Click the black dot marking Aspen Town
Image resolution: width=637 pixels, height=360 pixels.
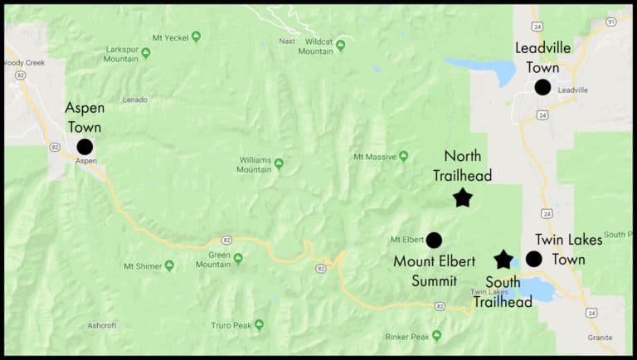click(85, 147)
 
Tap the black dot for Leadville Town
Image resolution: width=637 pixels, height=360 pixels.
click(542, 87)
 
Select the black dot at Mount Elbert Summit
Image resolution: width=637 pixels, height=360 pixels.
click(434, 241)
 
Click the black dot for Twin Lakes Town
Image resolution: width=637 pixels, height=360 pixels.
click(534, 259)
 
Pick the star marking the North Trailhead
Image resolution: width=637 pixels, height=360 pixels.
click(463, 197)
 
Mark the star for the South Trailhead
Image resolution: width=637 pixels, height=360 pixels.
click(503, 260)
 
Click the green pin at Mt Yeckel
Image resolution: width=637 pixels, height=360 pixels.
click(196, 36)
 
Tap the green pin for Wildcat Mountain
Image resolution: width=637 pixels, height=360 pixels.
click(340, 46)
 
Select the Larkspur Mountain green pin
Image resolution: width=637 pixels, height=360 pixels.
click(146, 53)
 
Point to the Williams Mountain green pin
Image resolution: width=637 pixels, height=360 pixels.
click(279, 163)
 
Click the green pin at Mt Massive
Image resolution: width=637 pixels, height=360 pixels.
click(403, 156)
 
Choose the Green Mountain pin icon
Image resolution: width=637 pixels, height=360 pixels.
click(238, 258)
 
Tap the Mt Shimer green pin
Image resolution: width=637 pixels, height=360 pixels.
click(169, 265)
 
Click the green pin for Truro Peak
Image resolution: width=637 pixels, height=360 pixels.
click(259, 325)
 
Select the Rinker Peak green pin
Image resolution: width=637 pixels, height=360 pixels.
click(436, 336)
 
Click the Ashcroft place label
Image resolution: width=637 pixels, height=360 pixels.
click(103, 325)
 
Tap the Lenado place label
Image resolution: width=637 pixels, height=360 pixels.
click(134, 100)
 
